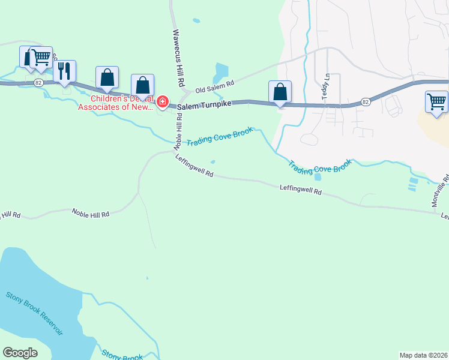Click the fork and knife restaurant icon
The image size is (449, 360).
[64, 71]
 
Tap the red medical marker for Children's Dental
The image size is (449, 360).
[162, 103]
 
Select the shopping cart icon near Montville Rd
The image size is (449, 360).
[436, 101]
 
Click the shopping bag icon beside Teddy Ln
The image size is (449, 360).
[280, 92]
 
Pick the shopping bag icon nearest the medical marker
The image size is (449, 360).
[142, 86]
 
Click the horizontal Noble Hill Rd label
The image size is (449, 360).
[90, 212]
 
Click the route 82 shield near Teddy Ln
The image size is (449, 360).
[366, 103]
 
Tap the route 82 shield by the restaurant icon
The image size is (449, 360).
[38, 82]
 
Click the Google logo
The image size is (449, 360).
[20, 353]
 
